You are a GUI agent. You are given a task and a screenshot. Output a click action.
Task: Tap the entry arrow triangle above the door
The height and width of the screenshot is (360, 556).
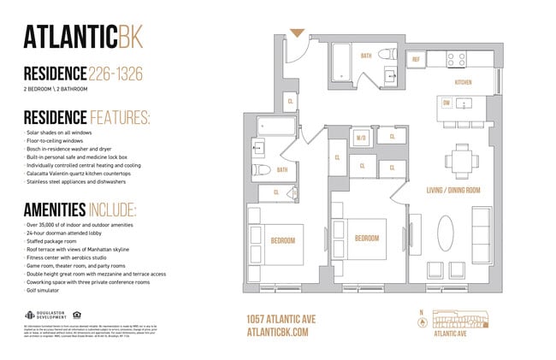(297, 33)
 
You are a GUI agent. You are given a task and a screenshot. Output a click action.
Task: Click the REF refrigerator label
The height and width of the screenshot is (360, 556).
(416, 59)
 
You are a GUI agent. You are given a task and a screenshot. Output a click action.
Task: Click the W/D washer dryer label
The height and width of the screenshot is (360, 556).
(360, 137)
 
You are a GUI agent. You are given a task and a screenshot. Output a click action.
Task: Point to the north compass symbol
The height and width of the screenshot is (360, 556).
(421, 322)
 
